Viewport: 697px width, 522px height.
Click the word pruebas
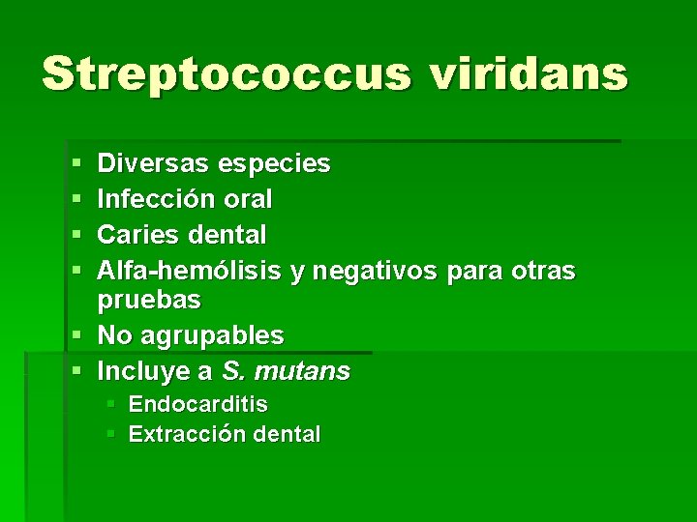click(149, 301)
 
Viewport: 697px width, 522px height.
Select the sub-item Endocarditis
click(197, 403)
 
